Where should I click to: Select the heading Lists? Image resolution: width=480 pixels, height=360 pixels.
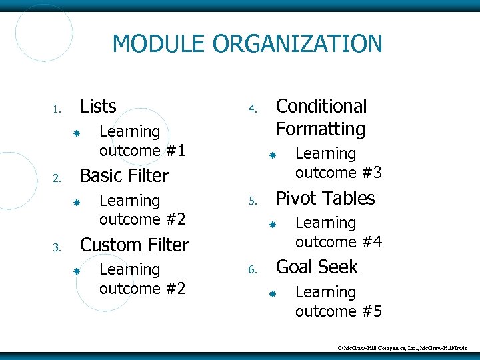tap(98, 107)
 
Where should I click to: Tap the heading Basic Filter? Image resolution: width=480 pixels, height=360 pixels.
tap(124, 176)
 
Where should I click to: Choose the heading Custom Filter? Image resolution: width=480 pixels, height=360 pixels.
tap(134, 245)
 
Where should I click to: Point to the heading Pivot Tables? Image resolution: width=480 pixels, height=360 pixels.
tap(325, 199)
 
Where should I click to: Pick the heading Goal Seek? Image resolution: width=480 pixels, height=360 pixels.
tap(317, 267)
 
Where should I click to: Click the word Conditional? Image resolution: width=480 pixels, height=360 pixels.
tap(321, 107)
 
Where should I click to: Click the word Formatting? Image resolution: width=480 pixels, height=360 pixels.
tap(321, 129)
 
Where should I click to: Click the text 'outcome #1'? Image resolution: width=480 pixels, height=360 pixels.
tap(142, 151)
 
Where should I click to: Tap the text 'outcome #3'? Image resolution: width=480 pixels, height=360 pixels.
tap(338, 173)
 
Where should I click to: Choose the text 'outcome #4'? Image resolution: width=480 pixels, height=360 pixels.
tap(338, 241)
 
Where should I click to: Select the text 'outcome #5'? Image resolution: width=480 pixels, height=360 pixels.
tap(338, 311)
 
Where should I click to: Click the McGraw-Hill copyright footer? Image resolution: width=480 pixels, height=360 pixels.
tap(407, 348)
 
